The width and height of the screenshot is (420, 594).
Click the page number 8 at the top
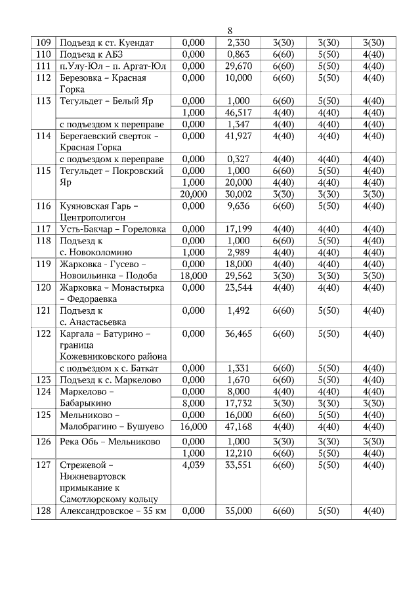(x=230, y=31)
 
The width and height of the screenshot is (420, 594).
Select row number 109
(x=43, y=43)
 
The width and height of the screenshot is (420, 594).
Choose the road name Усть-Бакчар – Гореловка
(x=112, y=228)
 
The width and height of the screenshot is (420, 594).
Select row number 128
(x=43, y=511)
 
